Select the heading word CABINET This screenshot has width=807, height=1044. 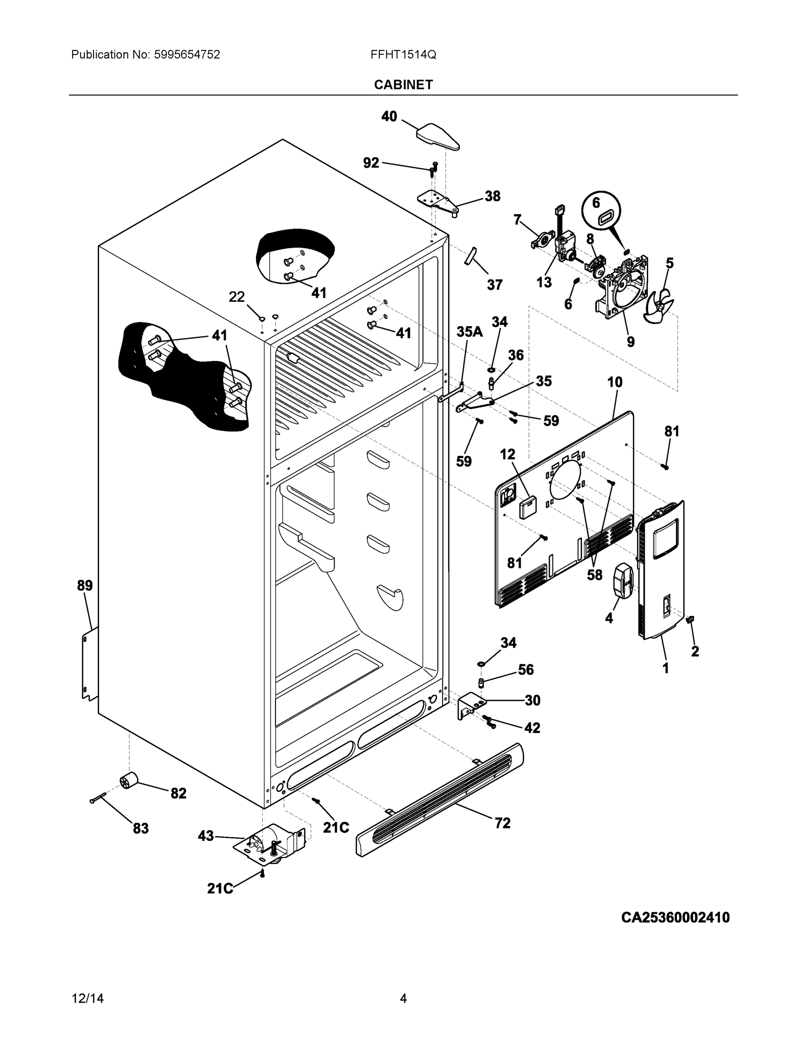tap(403, 85)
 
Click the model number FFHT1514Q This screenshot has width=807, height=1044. tap(403, 54)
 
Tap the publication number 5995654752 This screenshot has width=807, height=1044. tap(187, 54)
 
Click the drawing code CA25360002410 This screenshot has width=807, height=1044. tap(675, 917)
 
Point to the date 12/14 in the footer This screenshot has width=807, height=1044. tap(87, 998)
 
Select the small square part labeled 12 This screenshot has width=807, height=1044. tap(528, 508)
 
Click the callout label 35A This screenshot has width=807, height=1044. tap(469, 332)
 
